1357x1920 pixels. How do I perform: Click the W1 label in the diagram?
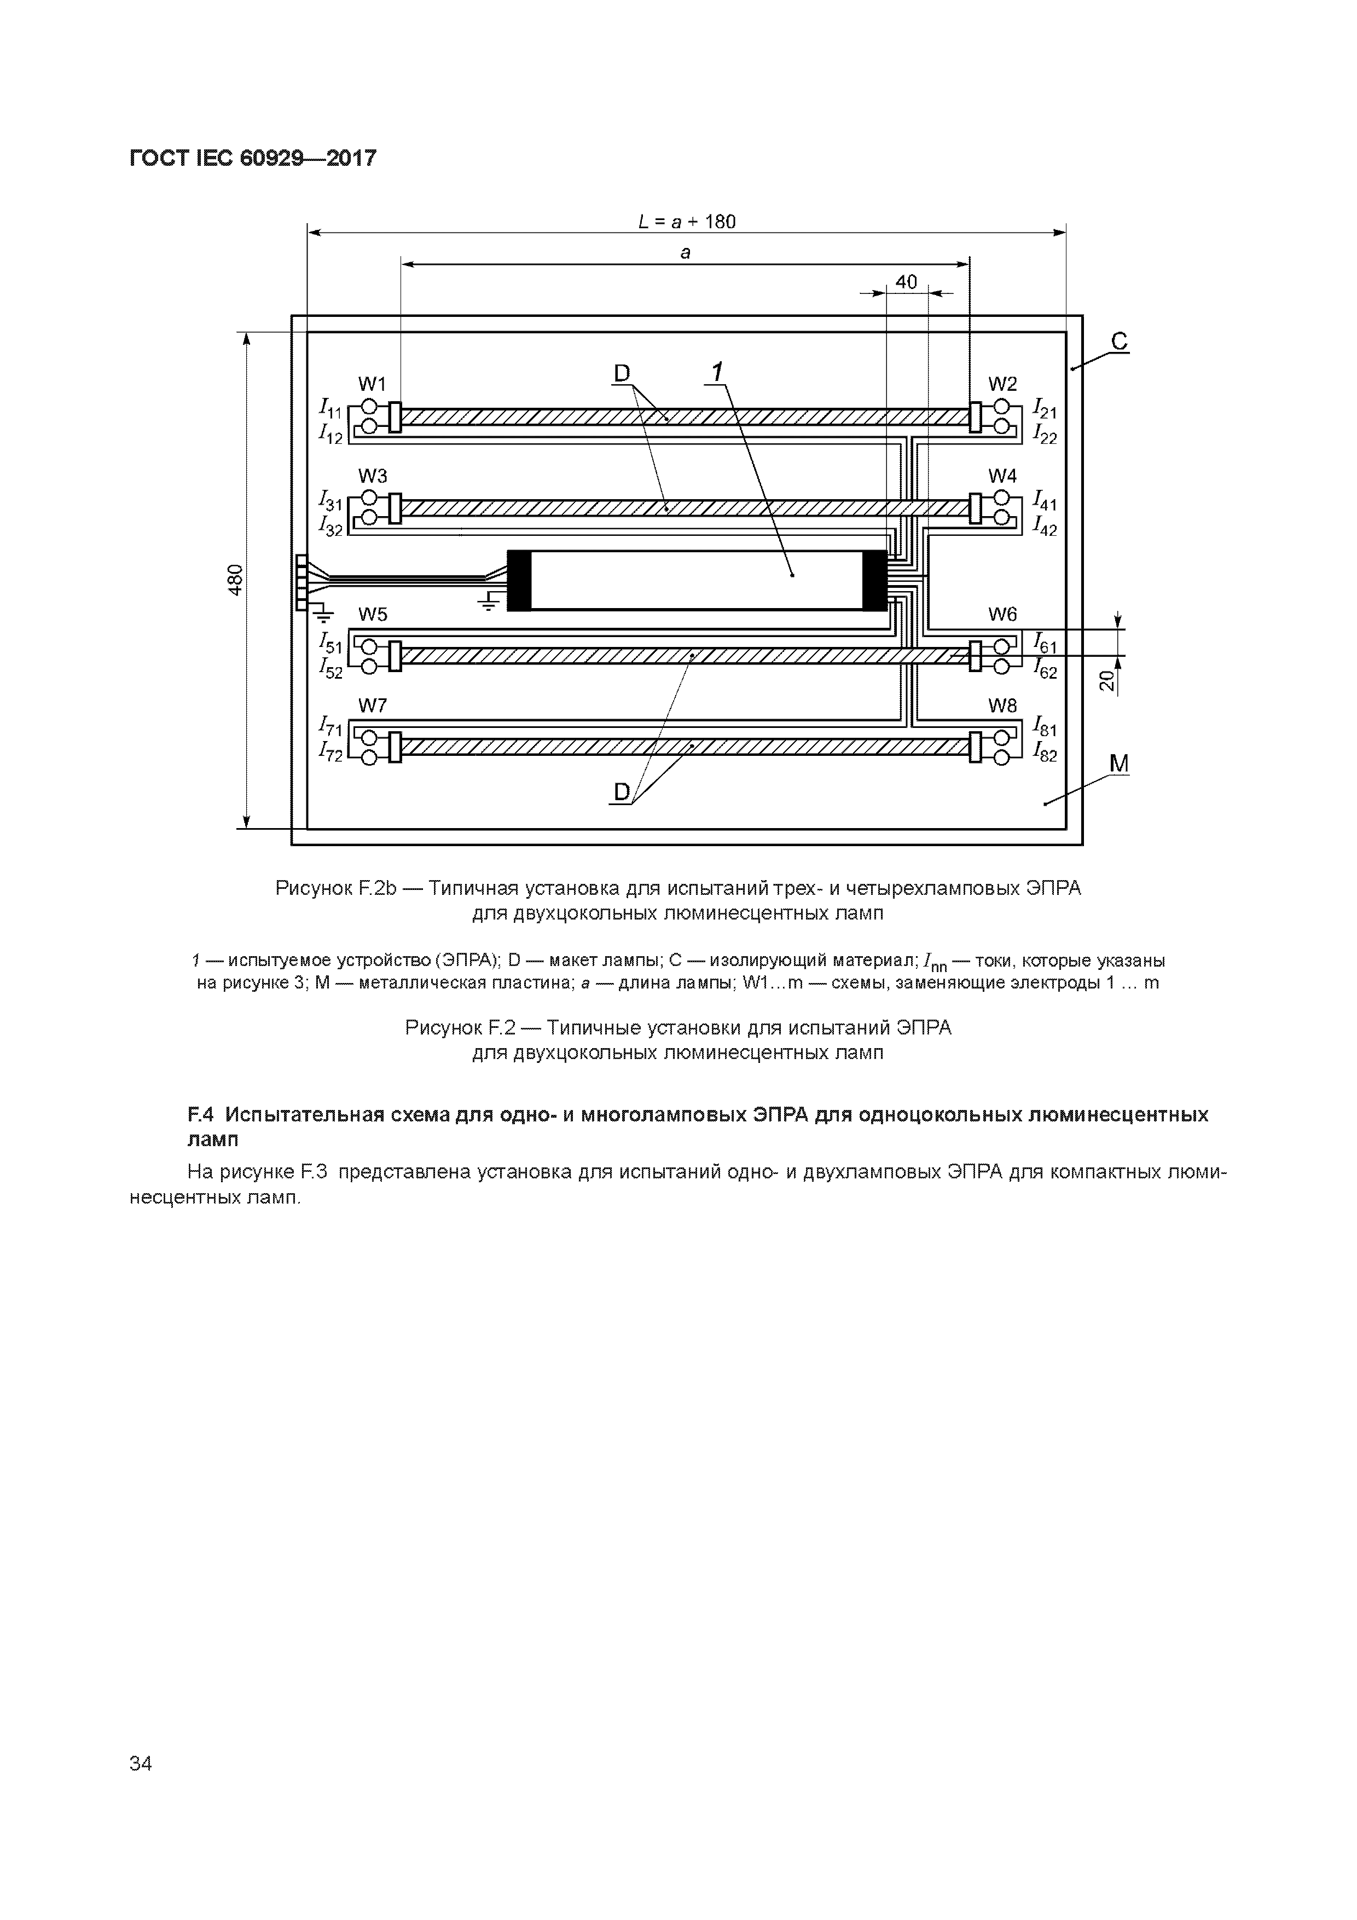click(x=372, y=384)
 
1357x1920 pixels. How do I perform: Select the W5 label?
click(x=372, y=615)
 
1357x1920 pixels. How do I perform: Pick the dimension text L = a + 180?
click(x=687, y=222)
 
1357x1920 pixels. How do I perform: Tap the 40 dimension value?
click(x=906, y=282)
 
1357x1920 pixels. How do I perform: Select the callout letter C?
click(x=1119, y=341)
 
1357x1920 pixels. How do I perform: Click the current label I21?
click(x=1045, y=409)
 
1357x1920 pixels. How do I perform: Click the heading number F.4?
click(x=201, y=1115)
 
